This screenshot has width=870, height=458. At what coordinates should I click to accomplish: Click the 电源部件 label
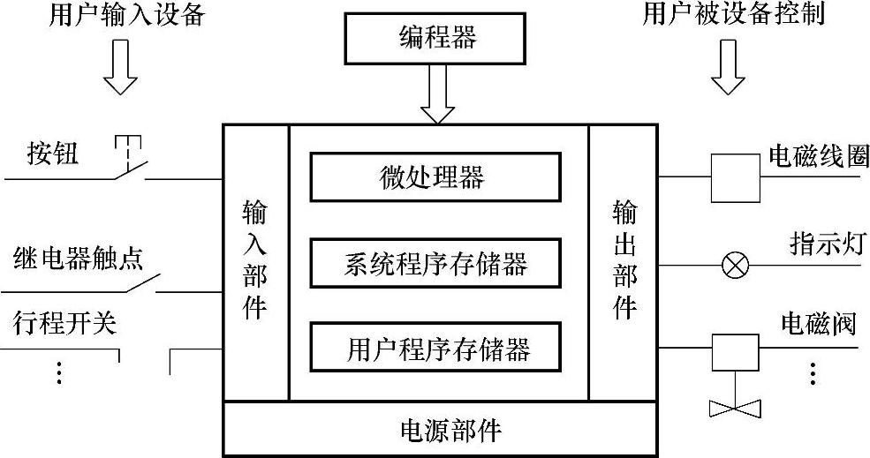click(x=439, y=430)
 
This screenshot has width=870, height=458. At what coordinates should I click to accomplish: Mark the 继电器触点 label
click(x=79, y=258)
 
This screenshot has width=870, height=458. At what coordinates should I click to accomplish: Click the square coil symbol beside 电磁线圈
click(x=733, y=177)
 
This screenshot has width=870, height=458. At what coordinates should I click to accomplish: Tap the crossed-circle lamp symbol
click(x=735, y=264)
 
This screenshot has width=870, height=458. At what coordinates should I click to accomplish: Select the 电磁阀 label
click(x=818, y=323)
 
